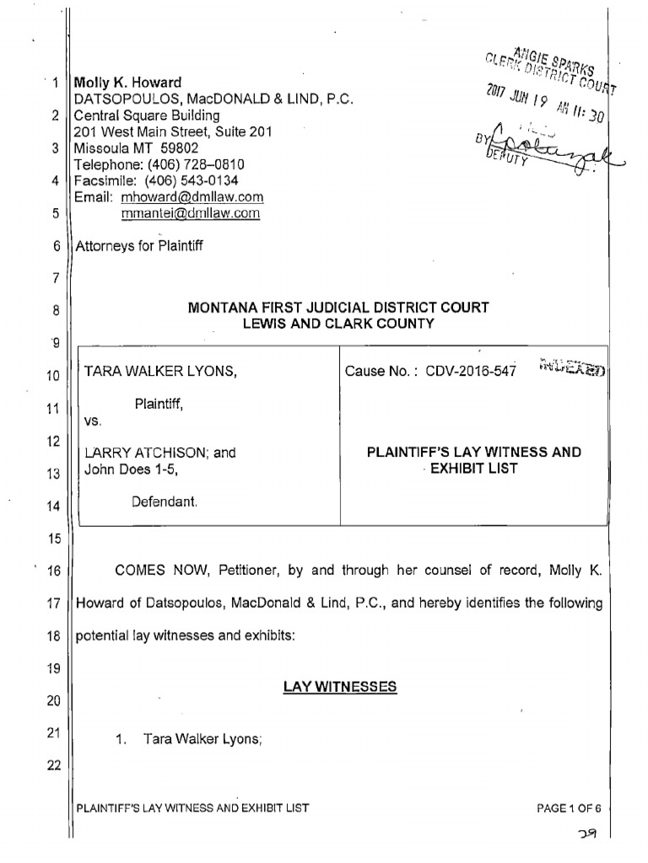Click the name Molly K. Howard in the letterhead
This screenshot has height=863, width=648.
pyautogui.click(x=128, y=83)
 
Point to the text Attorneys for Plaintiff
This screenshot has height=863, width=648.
pyautogui.click(x=139, y=246)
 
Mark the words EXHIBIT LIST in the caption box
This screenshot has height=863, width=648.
pyautogui.click(x=473, y=469)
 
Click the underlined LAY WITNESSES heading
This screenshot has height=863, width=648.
pyautogui.click(x=339, y=687)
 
